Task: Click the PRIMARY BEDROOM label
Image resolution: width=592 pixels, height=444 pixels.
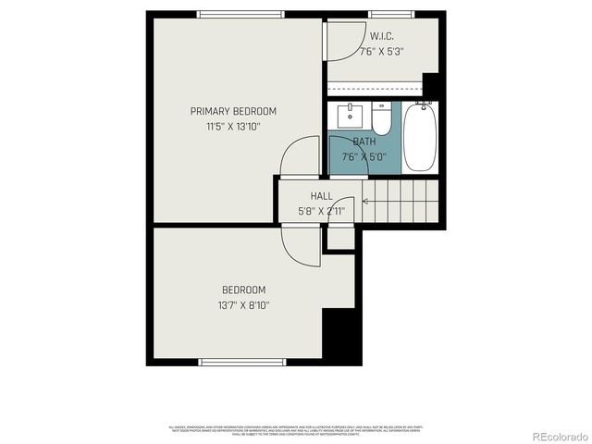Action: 233,111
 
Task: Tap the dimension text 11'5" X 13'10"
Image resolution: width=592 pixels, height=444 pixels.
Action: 233,127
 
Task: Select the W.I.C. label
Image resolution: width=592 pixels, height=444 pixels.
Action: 383,37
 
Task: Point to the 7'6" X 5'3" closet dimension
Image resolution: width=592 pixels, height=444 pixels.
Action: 383,53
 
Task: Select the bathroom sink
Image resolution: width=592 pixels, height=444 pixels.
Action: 351,116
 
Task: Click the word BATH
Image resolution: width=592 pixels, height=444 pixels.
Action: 364,142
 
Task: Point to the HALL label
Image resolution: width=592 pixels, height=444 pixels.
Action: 321,196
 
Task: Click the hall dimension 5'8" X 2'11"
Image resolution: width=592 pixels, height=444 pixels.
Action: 321,211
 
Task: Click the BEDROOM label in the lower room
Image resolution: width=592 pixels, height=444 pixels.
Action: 243,289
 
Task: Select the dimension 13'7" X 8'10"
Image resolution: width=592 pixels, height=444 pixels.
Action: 243,304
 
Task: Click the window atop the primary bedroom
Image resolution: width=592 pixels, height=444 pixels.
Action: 241,14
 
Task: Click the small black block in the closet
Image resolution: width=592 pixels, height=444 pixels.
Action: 430,80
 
